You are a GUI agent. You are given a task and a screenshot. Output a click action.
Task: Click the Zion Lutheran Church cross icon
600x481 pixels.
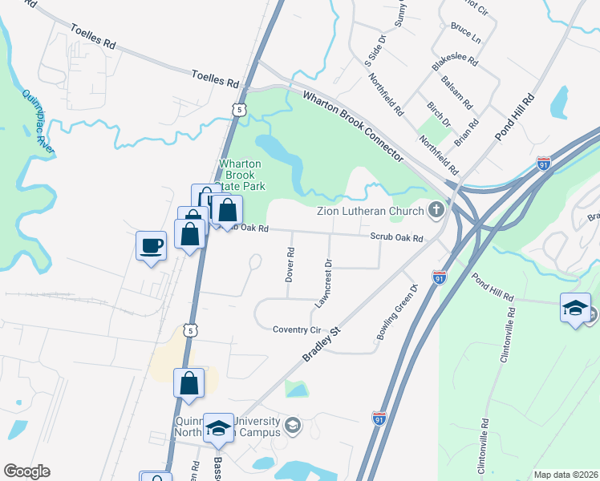pos(436,211)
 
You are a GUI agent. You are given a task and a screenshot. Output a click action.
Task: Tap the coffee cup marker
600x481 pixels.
pos(151,245)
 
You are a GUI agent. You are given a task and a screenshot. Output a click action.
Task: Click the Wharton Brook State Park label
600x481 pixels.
pos(242,175)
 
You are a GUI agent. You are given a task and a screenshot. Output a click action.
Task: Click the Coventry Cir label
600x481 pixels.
pos(296,329)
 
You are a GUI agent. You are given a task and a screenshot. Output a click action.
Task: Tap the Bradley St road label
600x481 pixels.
pos(322,342)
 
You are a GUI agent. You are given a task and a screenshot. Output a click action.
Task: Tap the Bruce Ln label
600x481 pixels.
pos(465,33)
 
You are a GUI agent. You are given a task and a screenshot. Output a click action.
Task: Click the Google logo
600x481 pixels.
pos(26,471)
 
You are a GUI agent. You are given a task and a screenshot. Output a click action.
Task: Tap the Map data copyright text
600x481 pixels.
pos(566,475)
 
